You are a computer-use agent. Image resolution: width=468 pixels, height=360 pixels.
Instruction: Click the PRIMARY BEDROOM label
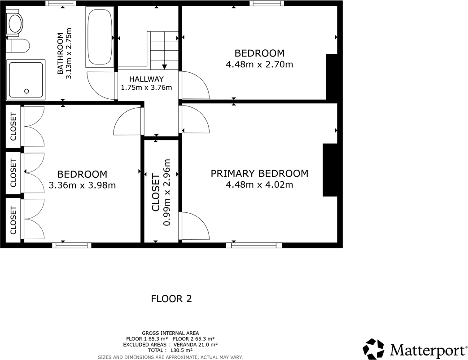point(259,173)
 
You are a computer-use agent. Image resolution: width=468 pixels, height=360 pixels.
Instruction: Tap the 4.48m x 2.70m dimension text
point(259,64)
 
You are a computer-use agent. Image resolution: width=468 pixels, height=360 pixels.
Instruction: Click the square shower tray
point(26,79)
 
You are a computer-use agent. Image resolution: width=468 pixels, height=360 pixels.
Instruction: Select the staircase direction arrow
point(164,66)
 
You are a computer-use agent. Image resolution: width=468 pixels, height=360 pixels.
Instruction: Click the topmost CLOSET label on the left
point(13,126)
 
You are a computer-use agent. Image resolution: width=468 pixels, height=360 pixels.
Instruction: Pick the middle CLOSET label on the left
point(13,173)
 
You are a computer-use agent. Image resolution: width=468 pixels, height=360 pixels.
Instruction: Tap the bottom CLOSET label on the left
point(13,220)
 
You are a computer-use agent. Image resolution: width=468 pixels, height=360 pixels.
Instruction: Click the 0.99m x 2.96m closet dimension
point(167,192)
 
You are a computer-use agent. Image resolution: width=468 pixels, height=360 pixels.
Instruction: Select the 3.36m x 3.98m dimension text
point(82,185)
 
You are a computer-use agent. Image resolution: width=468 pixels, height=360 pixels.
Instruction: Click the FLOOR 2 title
point(171,299)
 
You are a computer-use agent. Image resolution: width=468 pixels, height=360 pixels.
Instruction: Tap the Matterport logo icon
point(373,349)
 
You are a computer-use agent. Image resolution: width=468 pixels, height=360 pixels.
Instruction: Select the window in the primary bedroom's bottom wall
point(254,245)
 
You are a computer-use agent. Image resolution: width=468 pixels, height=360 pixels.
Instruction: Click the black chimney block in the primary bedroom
point(330,170)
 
